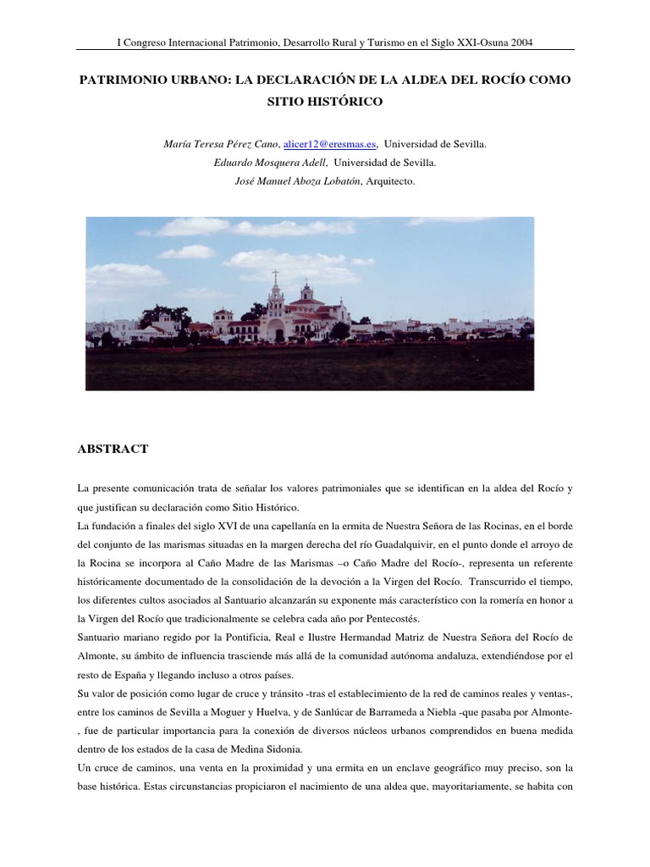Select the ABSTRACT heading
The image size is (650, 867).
(x=113, y=449)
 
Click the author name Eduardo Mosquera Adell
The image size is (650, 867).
(x=271, y=163)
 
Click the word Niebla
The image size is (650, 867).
(x=501, y=711)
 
